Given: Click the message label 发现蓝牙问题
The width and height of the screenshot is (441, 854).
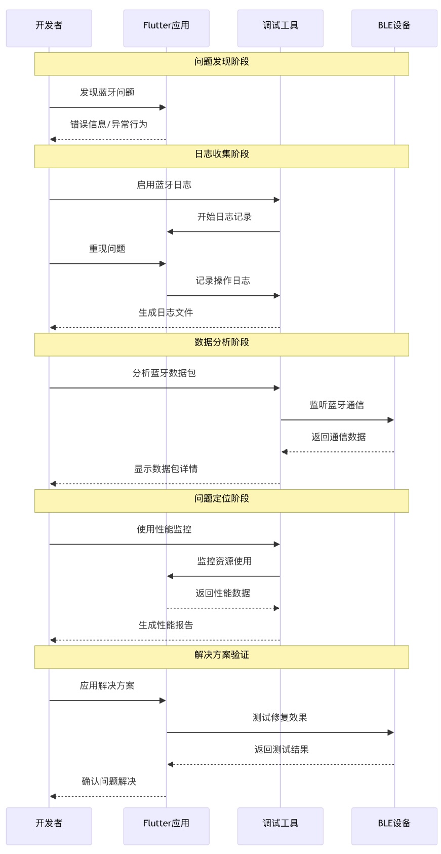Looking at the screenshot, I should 107,92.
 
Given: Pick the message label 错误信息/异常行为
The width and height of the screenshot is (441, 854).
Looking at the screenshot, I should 108,124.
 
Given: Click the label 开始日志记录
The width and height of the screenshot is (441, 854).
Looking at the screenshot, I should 224,217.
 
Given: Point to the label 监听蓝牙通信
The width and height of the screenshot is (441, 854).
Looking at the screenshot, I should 337,405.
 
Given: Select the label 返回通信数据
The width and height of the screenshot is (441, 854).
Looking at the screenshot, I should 338,437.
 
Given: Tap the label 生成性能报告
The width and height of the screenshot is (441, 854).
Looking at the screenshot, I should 166,625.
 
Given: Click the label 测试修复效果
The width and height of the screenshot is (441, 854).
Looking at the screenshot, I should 280,717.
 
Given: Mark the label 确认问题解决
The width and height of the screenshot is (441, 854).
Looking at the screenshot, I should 109,781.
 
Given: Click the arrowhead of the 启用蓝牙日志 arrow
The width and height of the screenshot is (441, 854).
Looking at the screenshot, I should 277,200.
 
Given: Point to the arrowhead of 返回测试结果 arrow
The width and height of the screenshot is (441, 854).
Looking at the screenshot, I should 171,764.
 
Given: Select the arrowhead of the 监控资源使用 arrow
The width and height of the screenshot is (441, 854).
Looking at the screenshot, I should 171,576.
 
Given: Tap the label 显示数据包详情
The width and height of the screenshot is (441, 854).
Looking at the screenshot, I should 166,469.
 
